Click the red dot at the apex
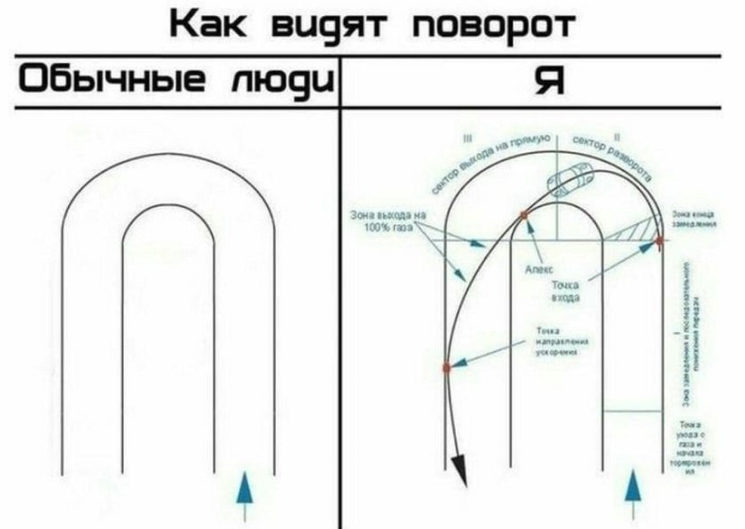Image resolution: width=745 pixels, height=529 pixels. click(524, 215)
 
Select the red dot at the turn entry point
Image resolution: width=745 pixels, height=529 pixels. click(659, 240)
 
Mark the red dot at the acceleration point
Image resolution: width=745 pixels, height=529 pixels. click(447, 366)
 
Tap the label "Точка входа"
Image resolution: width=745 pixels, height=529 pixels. click(566, 292)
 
